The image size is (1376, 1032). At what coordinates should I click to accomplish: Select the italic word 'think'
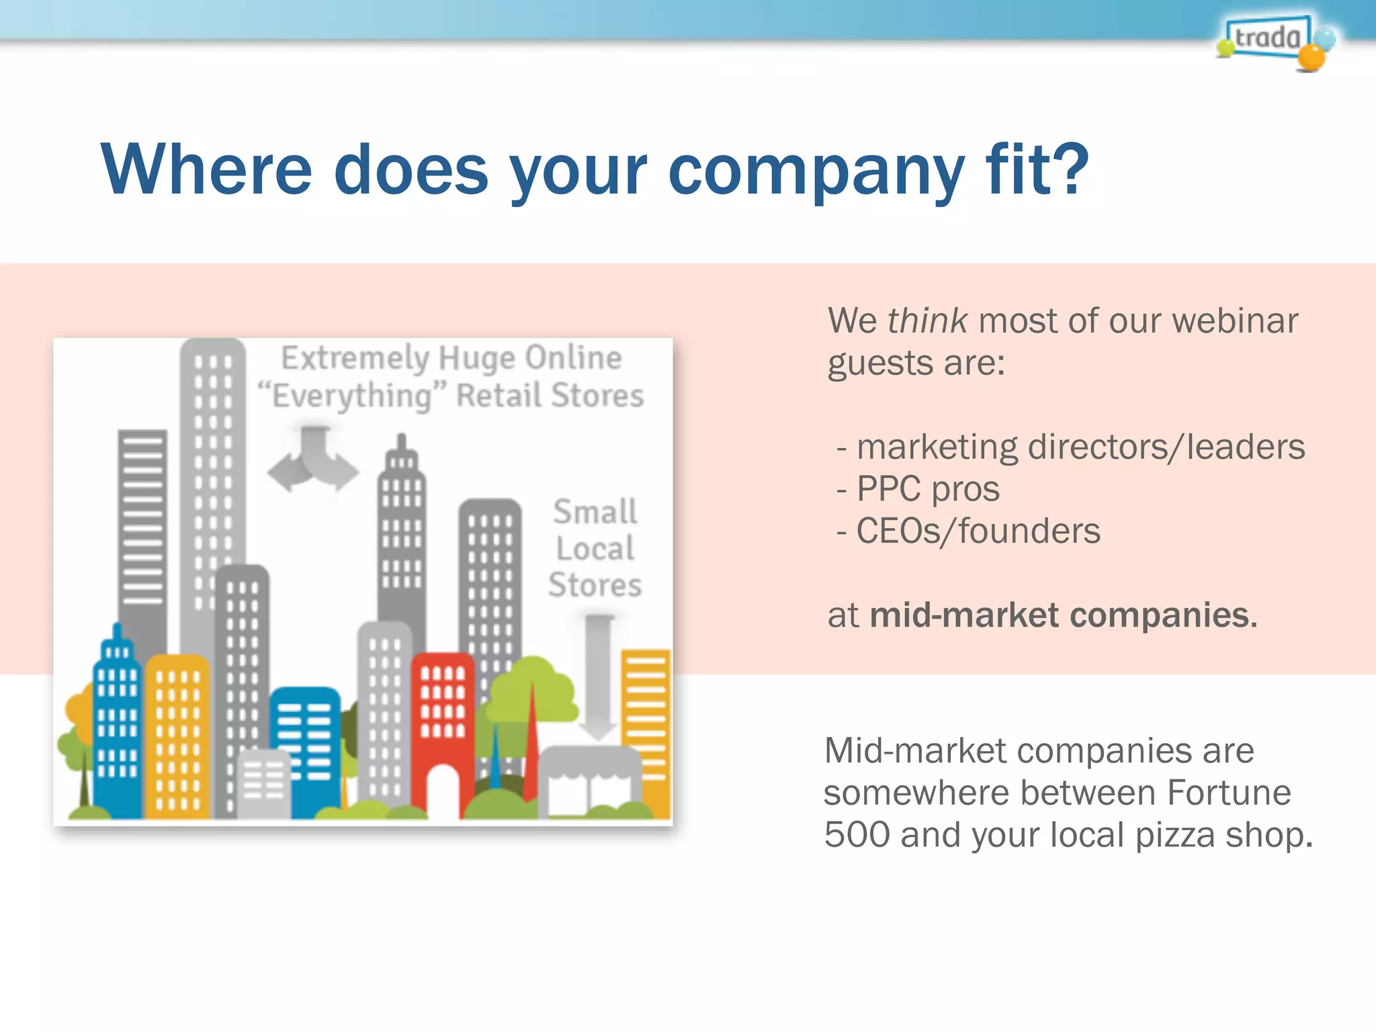tap(927, 320)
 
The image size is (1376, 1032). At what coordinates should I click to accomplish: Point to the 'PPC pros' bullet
tap(927, 489)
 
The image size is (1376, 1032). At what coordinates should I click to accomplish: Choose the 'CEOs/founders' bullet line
tap(978, 531)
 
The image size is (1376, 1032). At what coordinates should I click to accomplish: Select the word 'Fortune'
tap(1228, 793)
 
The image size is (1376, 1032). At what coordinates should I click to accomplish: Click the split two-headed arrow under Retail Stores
tap(313, 461)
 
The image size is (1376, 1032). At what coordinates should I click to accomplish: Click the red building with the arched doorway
tap(443, 712)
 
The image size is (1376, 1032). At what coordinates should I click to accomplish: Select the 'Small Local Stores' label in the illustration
tap(595, 548)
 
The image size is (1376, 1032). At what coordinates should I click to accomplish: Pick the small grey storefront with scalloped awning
tap(590, 783)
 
